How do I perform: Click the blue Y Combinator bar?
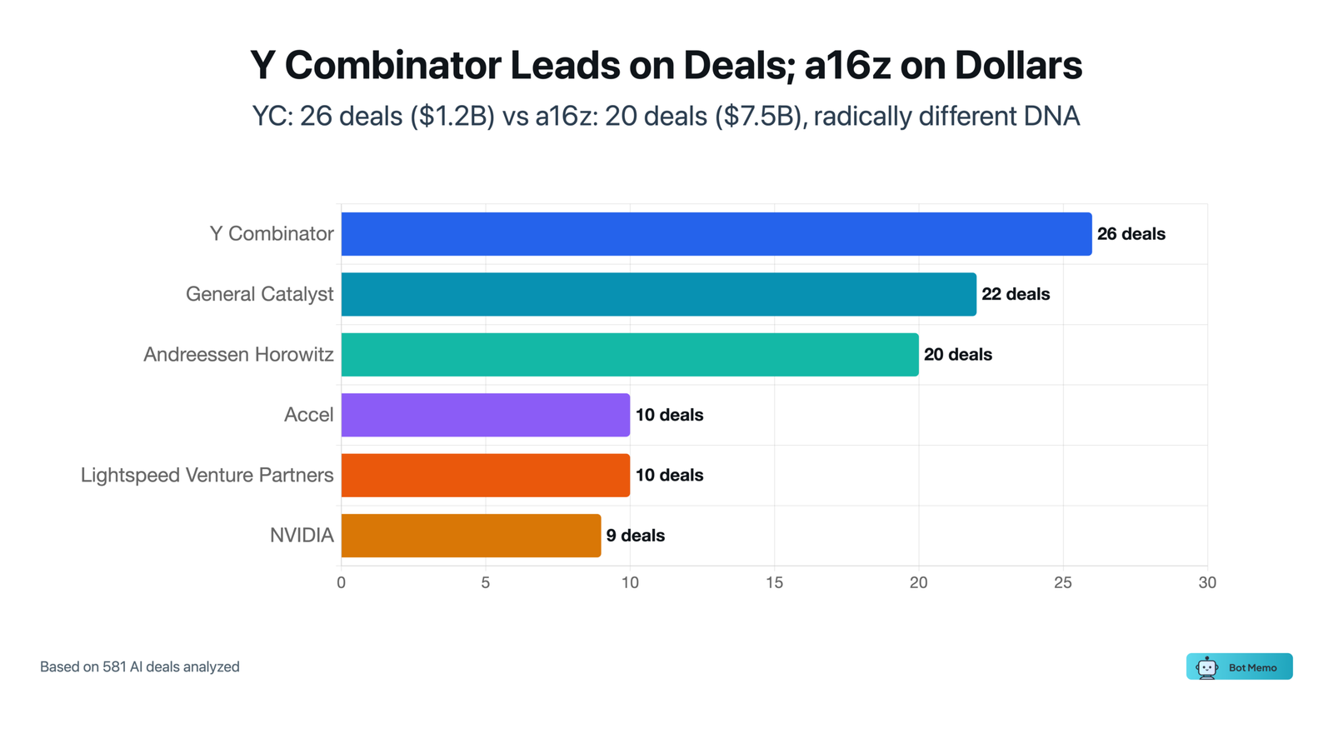pos(716,234)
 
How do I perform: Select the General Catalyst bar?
pos(658,294)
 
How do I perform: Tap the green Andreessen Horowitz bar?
pos(630,355)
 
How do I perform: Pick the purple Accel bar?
pos(486,415)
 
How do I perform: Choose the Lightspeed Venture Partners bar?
pos(486,475)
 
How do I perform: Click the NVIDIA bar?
pos(471,536)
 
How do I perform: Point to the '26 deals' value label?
pos(1131,234)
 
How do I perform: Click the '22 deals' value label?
pos(1016,294)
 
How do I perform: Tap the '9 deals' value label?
pos(635,536)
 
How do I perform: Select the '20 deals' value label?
pos(957,355)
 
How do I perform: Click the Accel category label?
pos(308,415)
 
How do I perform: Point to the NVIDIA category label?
pos(302,536)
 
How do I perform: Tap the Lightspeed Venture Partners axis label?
pos(207,475)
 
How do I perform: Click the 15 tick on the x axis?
pos(774,583)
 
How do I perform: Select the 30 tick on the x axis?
pos(1206,583)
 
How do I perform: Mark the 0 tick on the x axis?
pos(341,583)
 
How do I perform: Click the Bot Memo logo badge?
pos(1239,666)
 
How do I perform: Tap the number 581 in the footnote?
pos(114,666)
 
